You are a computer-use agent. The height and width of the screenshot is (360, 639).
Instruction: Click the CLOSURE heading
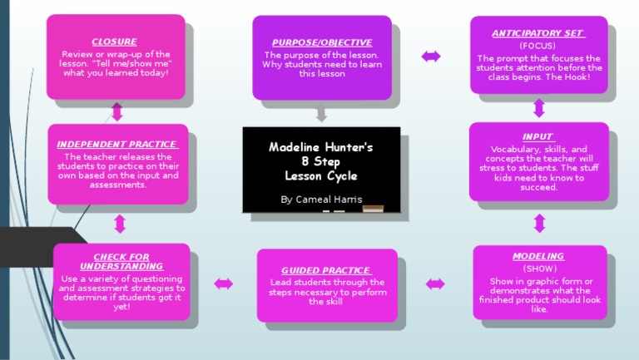coord(114,42)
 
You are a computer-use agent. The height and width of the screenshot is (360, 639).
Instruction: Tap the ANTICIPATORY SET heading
coord(537,33)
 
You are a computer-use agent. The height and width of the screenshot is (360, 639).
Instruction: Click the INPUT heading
coord(537,137)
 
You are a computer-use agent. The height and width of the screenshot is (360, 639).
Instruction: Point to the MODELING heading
coord(537,256)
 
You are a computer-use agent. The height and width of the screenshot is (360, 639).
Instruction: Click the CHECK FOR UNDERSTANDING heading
coord(122,262)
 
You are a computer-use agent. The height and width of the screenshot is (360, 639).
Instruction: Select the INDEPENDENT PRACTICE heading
coord(116,144)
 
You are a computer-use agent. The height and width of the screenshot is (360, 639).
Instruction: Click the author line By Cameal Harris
coord(321,200)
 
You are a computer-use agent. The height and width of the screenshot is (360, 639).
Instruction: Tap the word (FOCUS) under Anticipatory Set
coord(537,46)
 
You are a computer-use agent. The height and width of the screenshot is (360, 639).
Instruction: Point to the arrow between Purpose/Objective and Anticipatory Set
coord(431,57)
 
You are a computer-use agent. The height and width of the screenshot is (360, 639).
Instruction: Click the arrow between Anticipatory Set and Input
coord(538,108)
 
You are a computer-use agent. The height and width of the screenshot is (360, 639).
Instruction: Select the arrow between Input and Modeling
coord(539,223)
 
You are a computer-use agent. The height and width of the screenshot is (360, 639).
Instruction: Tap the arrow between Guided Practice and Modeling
coord(435,284)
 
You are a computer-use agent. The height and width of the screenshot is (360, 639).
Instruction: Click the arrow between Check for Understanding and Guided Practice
coord(223,284)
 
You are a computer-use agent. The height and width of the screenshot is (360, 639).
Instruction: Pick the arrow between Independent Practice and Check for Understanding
coord(120,224)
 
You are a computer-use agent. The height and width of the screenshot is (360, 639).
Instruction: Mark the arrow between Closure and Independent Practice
coord(117,111)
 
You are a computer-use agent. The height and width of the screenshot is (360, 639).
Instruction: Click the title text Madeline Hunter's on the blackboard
coord(321,147)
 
